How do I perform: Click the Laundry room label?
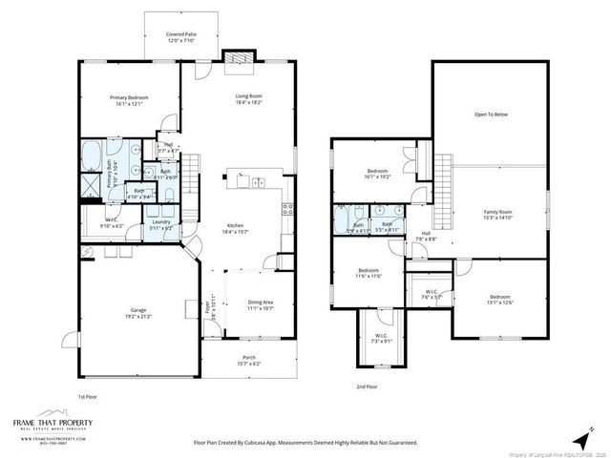point(160,225)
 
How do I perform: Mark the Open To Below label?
point(491,114)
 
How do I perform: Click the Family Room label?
point(497,214)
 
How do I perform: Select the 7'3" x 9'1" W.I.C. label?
point(381,338)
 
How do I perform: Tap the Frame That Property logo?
point(48,426)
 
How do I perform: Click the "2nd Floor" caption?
point(366,386)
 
